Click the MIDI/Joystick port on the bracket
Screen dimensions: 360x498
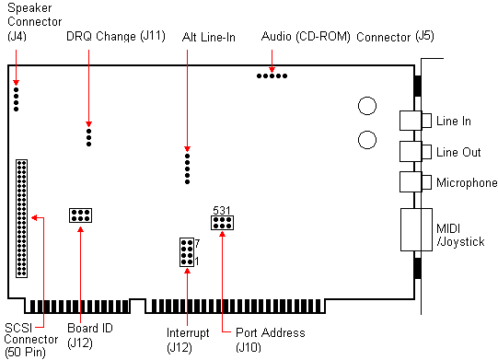(x=415, y=230)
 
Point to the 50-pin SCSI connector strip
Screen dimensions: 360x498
(x=22, y=218)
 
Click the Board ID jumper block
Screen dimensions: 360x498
(x=80, y=216)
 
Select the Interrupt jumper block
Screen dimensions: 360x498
(x=186, y=251)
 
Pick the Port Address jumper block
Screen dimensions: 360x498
(x=222, y=222)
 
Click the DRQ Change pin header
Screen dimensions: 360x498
(x=88, y=137)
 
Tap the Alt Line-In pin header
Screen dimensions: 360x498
(x=187, y=168)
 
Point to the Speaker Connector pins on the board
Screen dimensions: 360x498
(x=16, y=96)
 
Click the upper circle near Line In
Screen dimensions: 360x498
(x=367, y=106)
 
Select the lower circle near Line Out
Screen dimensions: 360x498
(x=367, y=139)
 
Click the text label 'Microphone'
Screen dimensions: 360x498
(x=467, y=183)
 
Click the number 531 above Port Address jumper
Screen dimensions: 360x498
(x=222, y=210)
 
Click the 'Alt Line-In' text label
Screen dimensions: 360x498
(x=209, y=38)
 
